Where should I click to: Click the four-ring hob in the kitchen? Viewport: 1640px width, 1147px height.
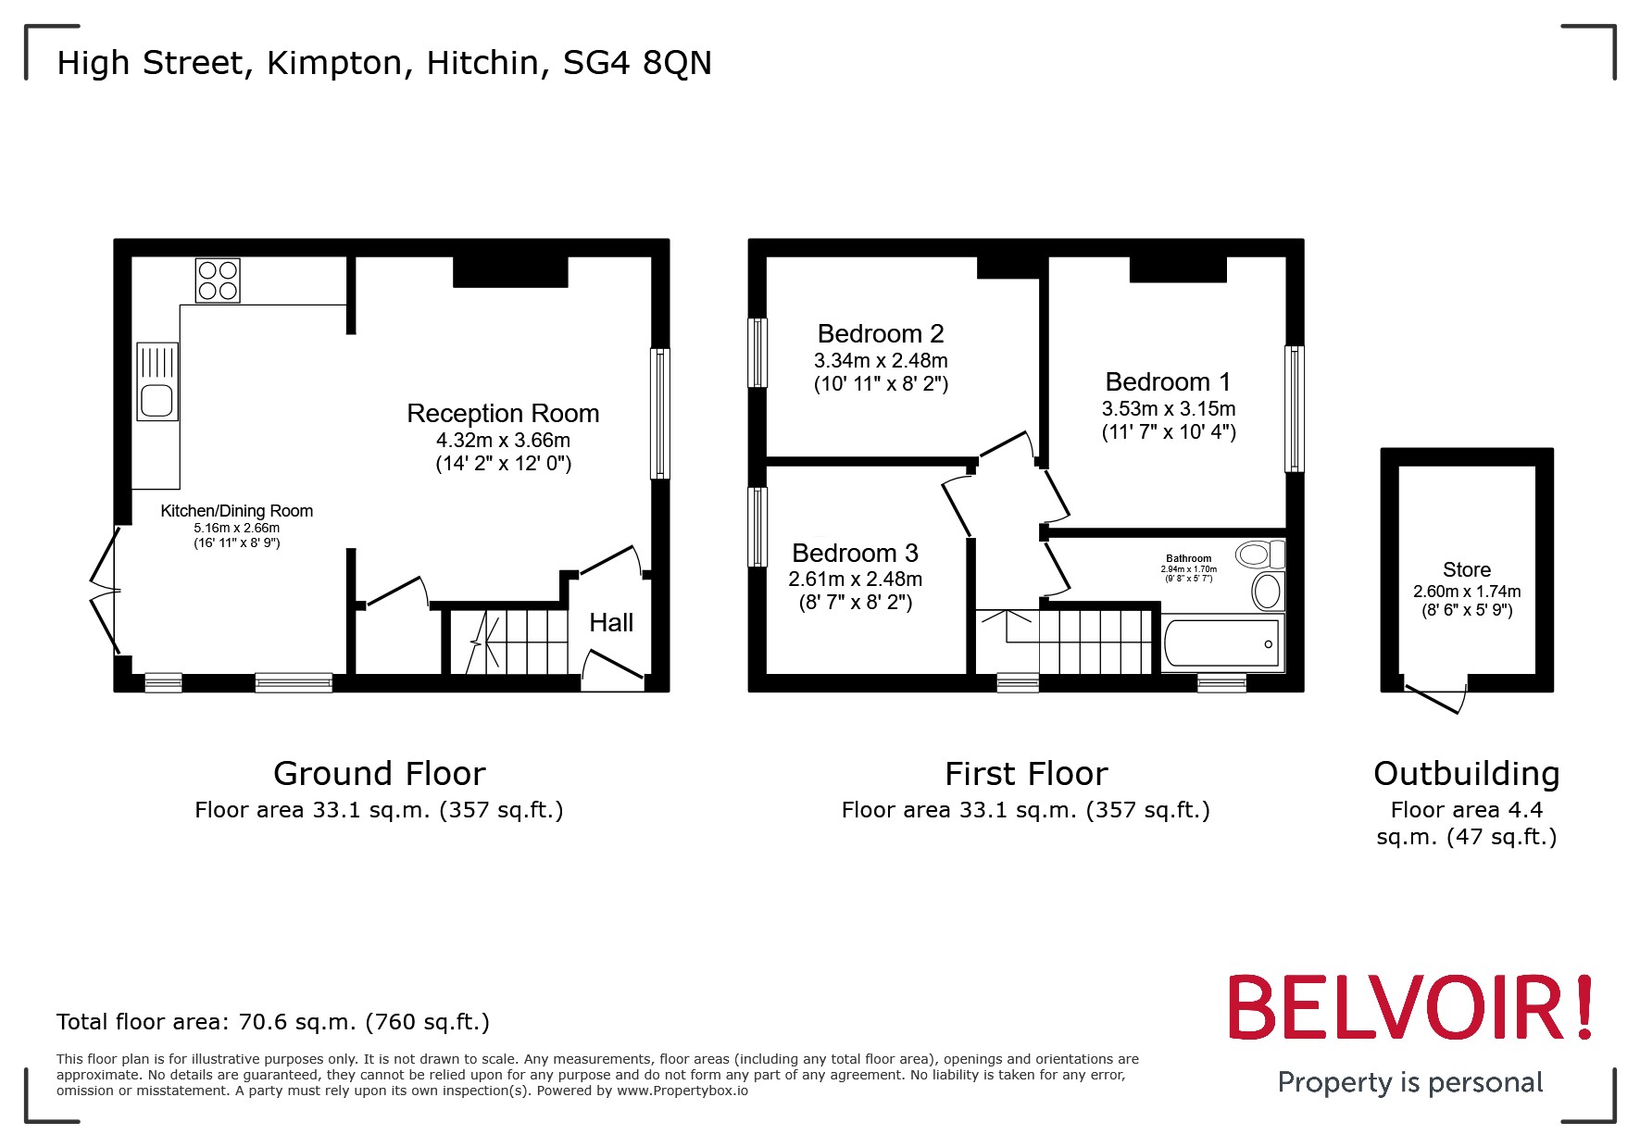click(218, 281)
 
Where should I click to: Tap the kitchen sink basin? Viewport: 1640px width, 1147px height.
click(156, 402)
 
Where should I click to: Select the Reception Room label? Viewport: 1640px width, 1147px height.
click(503, 414)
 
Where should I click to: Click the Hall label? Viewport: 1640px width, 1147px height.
click(611, 623)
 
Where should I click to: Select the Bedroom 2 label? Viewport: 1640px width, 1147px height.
click(881, 334)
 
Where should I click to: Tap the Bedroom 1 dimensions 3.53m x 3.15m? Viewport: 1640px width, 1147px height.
click(1168, 409)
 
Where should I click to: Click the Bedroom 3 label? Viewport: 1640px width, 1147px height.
click(855, 554)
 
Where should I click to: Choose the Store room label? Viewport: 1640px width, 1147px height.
click(1466, 570)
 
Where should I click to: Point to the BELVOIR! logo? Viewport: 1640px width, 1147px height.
click(1409, 1008)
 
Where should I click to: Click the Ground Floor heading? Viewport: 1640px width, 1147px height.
click(379, 774)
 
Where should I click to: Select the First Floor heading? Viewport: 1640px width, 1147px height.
click(1025, 774)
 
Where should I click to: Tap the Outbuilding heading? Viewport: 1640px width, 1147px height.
click(1466, 774)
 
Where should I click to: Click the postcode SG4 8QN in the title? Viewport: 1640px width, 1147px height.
click(637, 63)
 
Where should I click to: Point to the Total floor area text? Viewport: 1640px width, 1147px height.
click(272, 1022)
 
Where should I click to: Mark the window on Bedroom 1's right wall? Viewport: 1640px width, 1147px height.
click(1294, 408)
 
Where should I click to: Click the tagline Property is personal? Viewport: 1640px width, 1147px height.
click(1409, 1082)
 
